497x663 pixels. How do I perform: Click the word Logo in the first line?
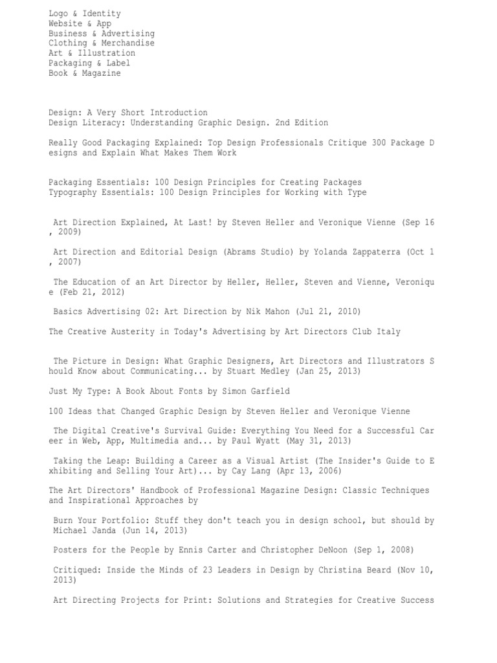click(58, 14)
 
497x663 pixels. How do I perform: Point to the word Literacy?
click(101, 122)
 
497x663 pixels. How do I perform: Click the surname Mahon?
click(276, 311)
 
